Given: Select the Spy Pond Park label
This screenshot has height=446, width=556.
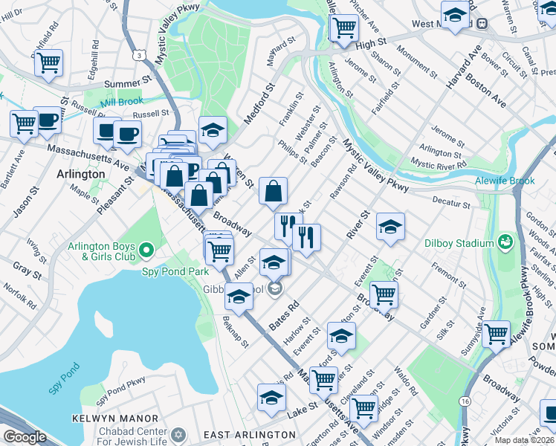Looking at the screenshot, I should coord(168,271).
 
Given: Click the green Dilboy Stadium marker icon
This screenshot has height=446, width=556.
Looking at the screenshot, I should coord(505,242).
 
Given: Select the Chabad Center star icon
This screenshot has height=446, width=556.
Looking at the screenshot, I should coord(178,433).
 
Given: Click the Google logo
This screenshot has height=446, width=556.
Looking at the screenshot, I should coord(25,436).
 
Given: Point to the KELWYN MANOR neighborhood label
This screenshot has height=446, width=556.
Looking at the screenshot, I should coord(115,418).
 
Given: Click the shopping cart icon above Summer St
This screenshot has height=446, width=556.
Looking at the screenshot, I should coord(48,62).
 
